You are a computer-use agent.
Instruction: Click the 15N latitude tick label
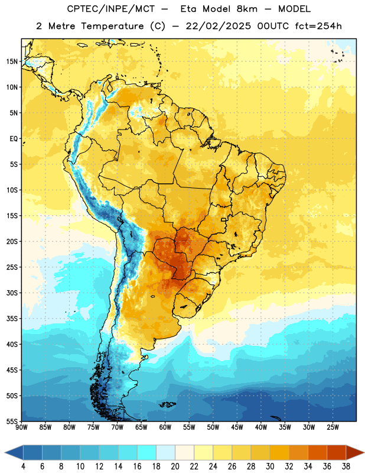(12, 61)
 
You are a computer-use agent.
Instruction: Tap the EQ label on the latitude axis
(14, 139)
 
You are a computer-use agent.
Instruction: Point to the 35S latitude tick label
(12, 319)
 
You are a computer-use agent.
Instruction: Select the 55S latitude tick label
(12, 422)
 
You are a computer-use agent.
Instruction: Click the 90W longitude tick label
(21, 427)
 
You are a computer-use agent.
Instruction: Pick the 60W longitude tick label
(165, 427)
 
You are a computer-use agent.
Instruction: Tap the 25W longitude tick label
(333, 427)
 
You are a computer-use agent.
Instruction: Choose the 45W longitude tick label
(237, 427)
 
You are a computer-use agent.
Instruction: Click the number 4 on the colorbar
(23, 466)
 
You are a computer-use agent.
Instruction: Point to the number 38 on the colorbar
(346, 466)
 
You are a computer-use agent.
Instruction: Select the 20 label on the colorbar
(175, 466)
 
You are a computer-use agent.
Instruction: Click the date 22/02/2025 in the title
(218, 26)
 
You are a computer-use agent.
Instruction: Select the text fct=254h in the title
(318, 26)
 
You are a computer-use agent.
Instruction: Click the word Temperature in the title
(112, 27)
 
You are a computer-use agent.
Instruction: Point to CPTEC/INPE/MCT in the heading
(110, 9)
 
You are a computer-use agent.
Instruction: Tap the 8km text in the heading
(247, 9)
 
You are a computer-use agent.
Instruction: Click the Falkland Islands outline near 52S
(168, 404)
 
